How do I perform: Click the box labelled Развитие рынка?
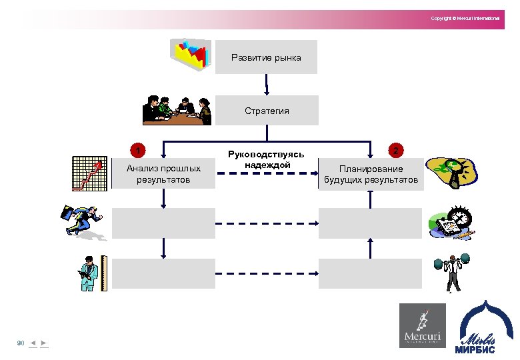coord(266,57)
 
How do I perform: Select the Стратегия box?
coord(266,111)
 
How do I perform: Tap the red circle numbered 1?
coord(137,149)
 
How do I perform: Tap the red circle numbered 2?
coord(396,151)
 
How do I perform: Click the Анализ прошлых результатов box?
coord(163,174)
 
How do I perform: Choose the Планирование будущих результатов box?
coord(371,174)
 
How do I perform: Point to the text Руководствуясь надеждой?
coord(266,159)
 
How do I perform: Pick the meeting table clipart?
coord(177,110)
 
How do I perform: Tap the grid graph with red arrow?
coord(88,173)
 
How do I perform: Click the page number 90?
coord(21,343)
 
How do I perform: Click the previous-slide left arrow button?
coord(33,343)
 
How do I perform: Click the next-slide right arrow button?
coord(44,343)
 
